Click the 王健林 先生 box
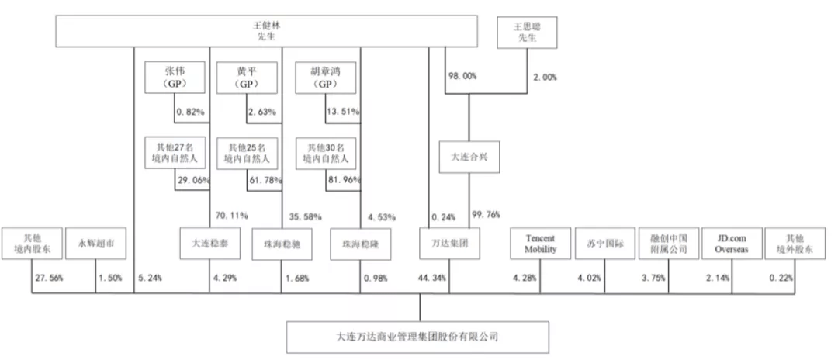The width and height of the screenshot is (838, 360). click(x=267, y=31)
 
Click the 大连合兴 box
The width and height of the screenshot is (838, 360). click(x=469, y=157)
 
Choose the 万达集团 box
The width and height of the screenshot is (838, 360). click(x=449, y=244)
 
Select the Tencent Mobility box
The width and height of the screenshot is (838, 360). click(x=540, y=244)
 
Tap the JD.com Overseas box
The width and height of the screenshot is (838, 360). click(x=731, y=244)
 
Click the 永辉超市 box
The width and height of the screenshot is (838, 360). click(x=95, y=244)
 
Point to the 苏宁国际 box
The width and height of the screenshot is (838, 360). click(x=605, y=244)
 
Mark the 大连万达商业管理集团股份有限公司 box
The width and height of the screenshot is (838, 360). click(x=417, y=337)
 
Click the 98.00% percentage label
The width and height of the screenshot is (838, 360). click(x=462, y=76)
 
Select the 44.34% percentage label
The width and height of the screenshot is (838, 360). click(x=432, y=278)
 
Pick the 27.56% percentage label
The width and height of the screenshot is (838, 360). click(x=49, y=278)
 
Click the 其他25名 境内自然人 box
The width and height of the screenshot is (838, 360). click(x=247, y=153)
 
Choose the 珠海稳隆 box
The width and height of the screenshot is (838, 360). click(x=360, y=244)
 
